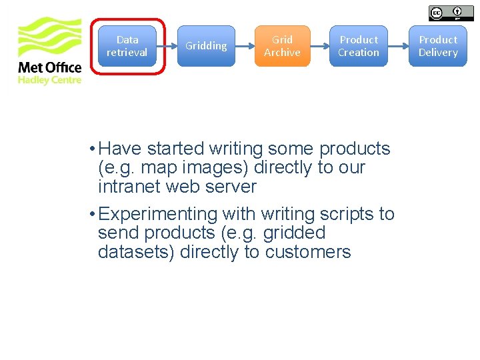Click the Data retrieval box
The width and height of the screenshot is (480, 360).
pos(127,46)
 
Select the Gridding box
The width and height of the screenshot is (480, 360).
pos(206,46)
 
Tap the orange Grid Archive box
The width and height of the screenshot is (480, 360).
pos(282,46)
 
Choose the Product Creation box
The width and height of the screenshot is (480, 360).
pos(358,46)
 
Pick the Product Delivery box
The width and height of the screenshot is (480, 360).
pos(438,46)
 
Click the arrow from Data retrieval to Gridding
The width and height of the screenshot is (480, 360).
pos(167,46)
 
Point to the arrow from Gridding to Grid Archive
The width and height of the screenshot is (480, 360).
pos(245,46)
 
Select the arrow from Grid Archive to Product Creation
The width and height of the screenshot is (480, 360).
pos(320,46)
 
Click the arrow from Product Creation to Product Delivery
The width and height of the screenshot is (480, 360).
pos(398,46)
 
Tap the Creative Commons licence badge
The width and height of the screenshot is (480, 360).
pos(451,13)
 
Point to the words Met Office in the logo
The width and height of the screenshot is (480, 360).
pos(49,67)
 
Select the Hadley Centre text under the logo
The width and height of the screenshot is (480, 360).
pos(49,80)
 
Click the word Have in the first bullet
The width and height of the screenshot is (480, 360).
pos(121,149)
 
